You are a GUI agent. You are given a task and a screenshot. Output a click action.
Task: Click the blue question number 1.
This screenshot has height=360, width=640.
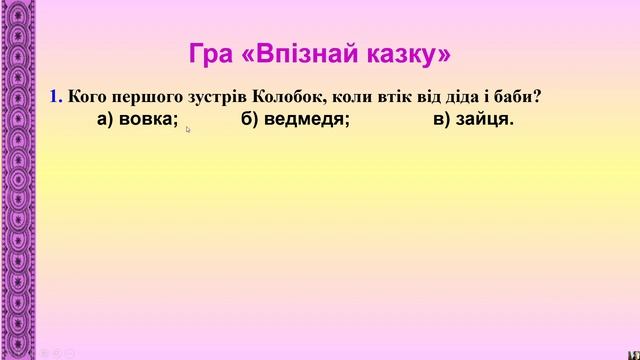click(x=56, y=97)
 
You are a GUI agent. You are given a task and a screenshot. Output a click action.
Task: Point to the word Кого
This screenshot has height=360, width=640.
click(x=89, y=97)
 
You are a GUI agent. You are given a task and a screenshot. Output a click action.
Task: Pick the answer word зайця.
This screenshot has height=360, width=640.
click(x=485, y=120)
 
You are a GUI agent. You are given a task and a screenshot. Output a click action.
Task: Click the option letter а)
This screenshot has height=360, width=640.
click(x=107, y=120)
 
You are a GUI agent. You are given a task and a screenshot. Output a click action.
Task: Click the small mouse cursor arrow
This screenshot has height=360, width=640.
click(x=188, y=128)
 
